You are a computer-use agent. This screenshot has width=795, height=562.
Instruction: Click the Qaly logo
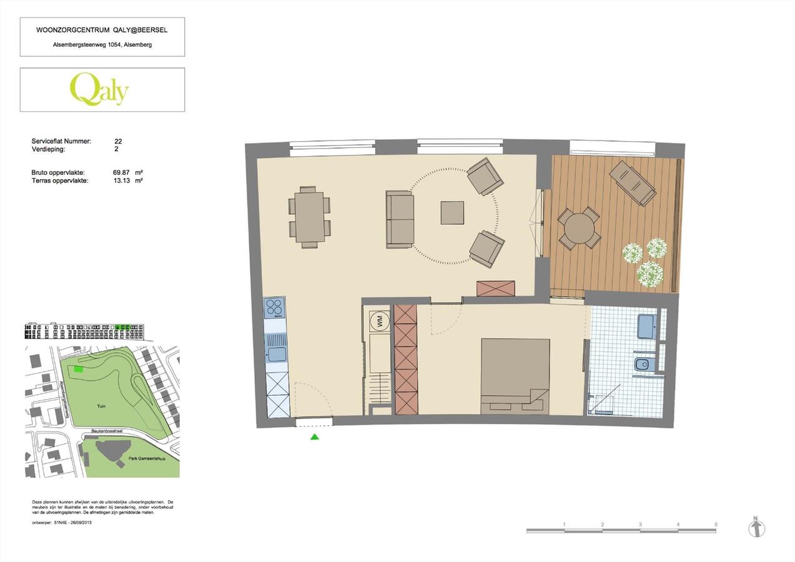pyautogui.click(x=99, y=89)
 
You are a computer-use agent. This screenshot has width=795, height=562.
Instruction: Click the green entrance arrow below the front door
pyautogui.click(x=315, y=437)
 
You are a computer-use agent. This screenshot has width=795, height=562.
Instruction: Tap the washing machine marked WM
pyautogui.click(x=378, y=322)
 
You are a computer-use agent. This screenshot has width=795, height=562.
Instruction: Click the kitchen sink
pyautogui.click(x=276, y=354)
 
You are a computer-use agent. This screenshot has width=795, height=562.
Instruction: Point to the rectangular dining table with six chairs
pyautogui.click(x=310, y=217)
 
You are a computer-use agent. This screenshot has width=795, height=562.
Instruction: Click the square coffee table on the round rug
pyautogui.click(x=452, y=213)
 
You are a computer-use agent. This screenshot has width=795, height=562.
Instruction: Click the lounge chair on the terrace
pyautogui.click(x=633, y=183)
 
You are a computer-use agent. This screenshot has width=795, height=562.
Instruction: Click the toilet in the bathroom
pyautogui.click(x=643, y=364)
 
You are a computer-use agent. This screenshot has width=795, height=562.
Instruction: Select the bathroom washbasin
pyautogui.click(x=646, y=325)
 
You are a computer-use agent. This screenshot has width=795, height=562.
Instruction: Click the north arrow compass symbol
pyautogui.click(x=756, y=528)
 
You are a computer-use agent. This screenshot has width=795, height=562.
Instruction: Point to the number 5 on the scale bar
pyautogui.click(x=716, y=525)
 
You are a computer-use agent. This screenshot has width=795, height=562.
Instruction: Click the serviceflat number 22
pyautogui.click(x=118, y=142)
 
